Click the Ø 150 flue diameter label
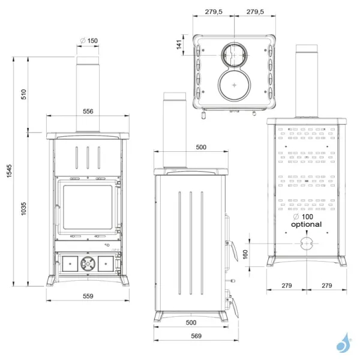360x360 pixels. tap(88, 41)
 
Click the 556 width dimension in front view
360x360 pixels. tap(88, 112)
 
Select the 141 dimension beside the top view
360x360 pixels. tap(179, 46)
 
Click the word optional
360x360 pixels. tap(306, 224)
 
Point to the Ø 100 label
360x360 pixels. tap(304, 216)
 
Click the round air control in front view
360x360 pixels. tap(88, 262)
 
